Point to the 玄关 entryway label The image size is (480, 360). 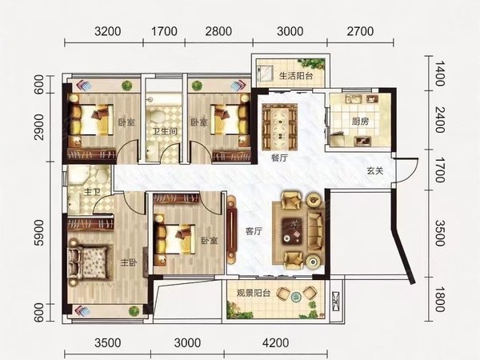[375, 170]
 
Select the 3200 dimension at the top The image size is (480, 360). [107, 33]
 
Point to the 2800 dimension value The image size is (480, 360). [218, 33]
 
